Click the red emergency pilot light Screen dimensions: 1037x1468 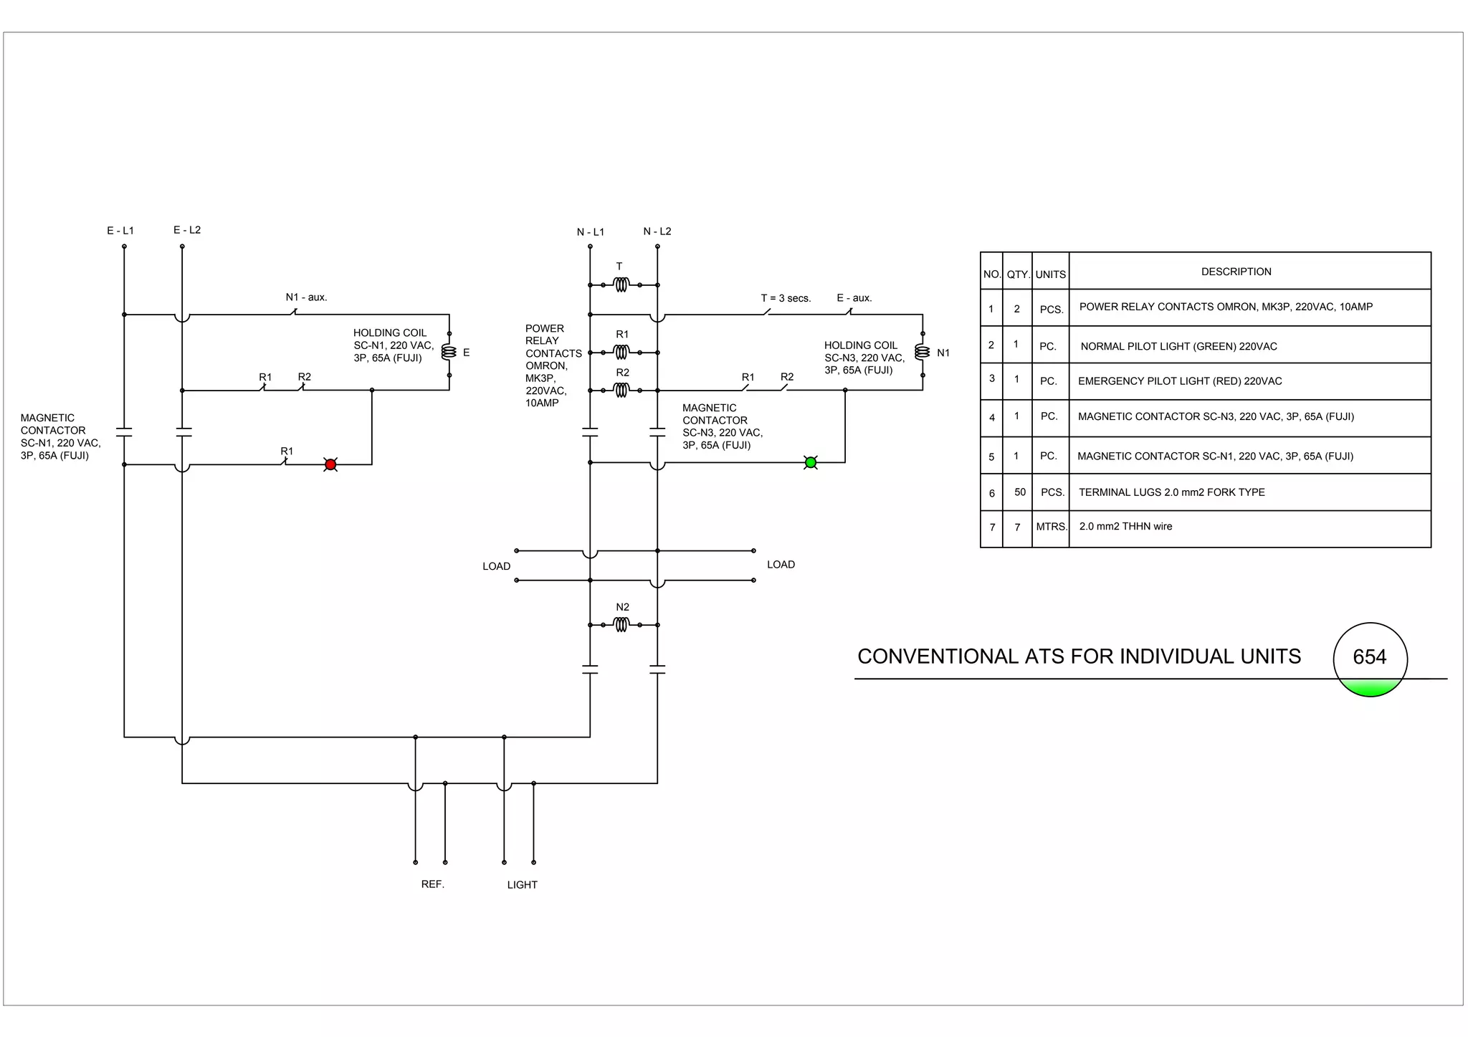click(330, 464)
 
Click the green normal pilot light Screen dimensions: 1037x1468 click(811, 462)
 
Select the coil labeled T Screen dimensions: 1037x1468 click(621, 285)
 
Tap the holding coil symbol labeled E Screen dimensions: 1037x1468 click(449, 353)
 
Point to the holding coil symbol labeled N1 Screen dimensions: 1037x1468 click(923, 353)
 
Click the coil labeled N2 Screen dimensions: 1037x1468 click(621, 625)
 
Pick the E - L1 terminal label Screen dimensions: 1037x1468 click(120, 231)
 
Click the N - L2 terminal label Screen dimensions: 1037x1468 click(657, 231)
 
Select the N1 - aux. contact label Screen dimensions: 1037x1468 click(306, 297)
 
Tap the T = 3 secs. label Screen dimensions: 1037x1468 click(786, 298)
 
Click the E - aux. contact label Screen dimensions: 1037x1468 click(854, 298)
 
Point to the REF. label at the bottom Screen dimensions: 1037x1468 click(433, 884)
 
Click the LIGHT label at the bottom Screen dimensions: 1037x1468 click(522, 885)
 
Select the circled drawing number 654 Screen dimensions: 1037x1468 click(1370, 657)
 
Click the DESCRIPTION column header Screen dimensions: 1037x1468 click(1236, 272)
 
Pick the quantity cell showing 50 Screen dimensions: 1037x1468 click(1020, 492)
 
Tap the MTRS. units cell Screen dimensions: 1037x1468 click(1051, 527)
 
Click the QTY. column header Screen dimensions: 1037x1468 click(1018, 274)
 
